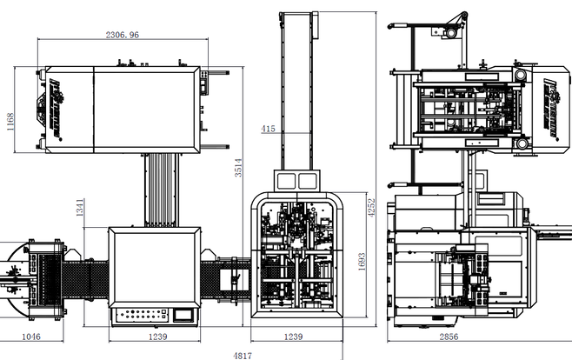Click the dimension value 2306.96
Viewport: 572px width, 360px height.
pyautogui.click(x=122, y=36)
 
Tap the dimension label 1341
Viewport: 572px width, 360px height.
pyautogui.click(x=79, y=207)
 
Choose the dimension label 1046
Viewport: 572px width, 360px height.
pyautogui.click(x=31, y=336)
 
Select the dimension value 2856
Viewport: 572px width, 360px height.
pyautogui.click(x=474, y=336)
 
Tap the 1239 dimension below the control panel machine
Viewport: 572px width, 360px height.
pyautogui.click(x=156, y=336)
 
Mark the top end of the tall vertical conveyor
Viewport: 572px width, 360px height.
pyautogui.click(x=296, y=17)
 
